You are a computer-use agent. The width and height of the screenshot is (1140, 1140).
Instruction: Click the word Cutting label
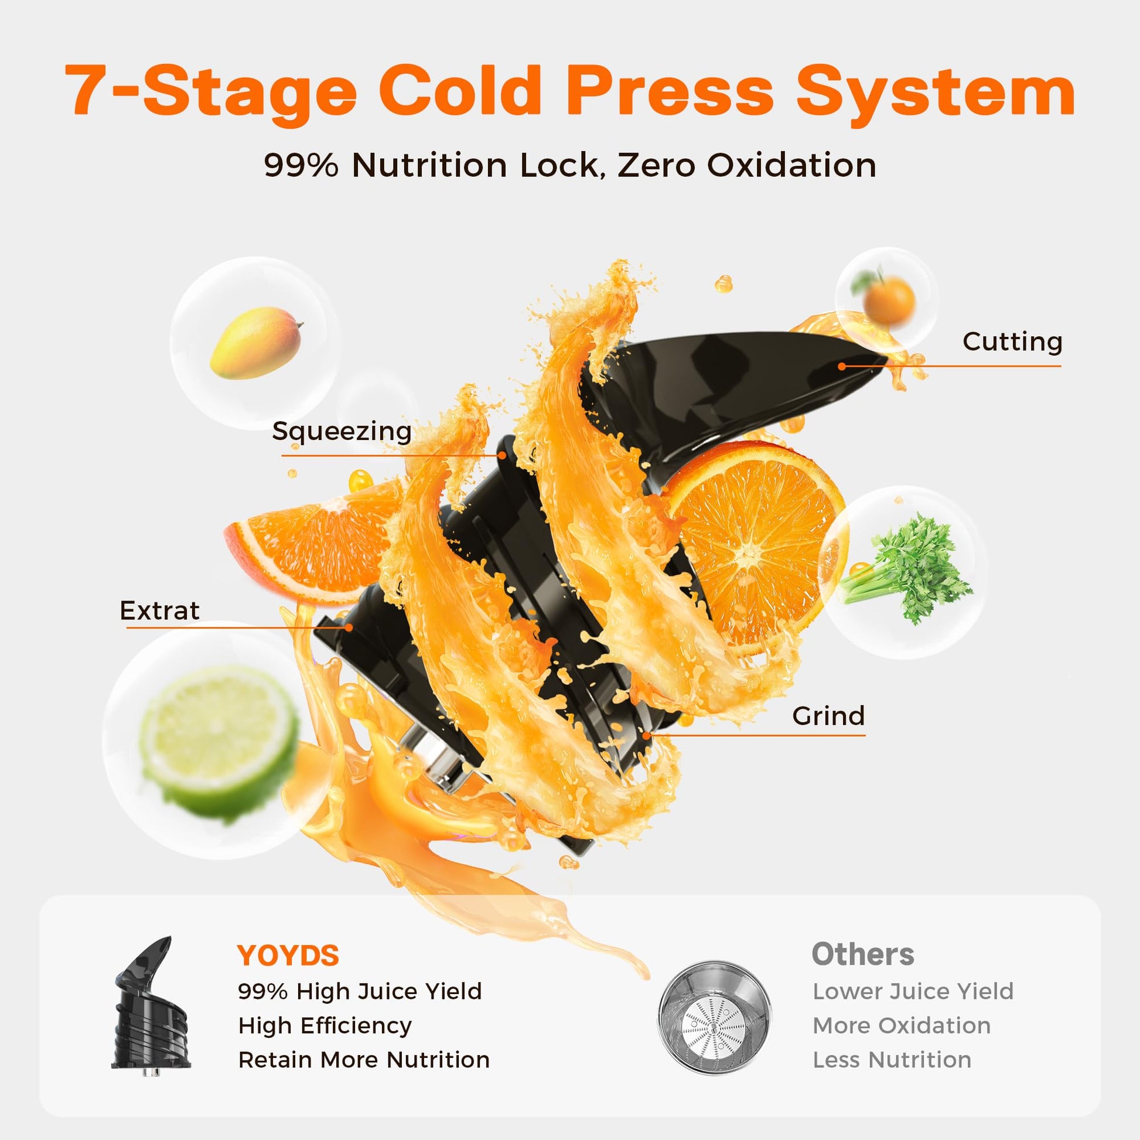point(1012,342)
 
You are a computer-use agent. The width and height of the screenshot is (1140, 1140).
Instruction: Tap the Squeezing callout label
point(342,431)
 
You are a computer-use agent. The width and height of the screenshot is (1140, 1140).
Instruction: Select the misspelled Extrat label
point(159,610)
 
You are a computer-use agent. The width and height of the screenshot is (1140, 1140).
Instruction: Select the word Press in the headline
point(669,90)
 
